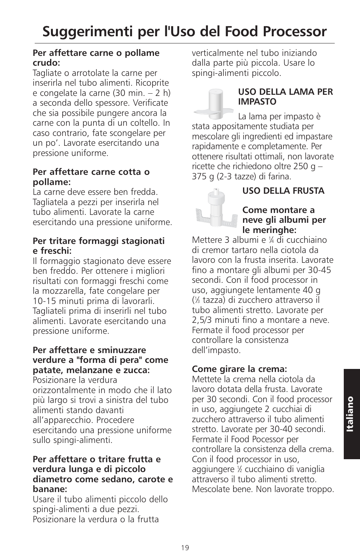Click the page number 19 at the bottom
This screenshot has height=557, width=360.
point(185,548)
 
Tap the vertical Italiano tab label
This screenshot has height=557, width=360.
point(351,414)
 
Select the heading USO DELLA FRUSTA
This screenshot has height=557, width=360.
point(283,191)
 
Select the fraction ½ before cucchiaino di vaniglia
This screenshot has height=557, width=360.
point(239,469)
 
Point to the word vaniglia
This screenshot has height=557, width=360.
point(307,469)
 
